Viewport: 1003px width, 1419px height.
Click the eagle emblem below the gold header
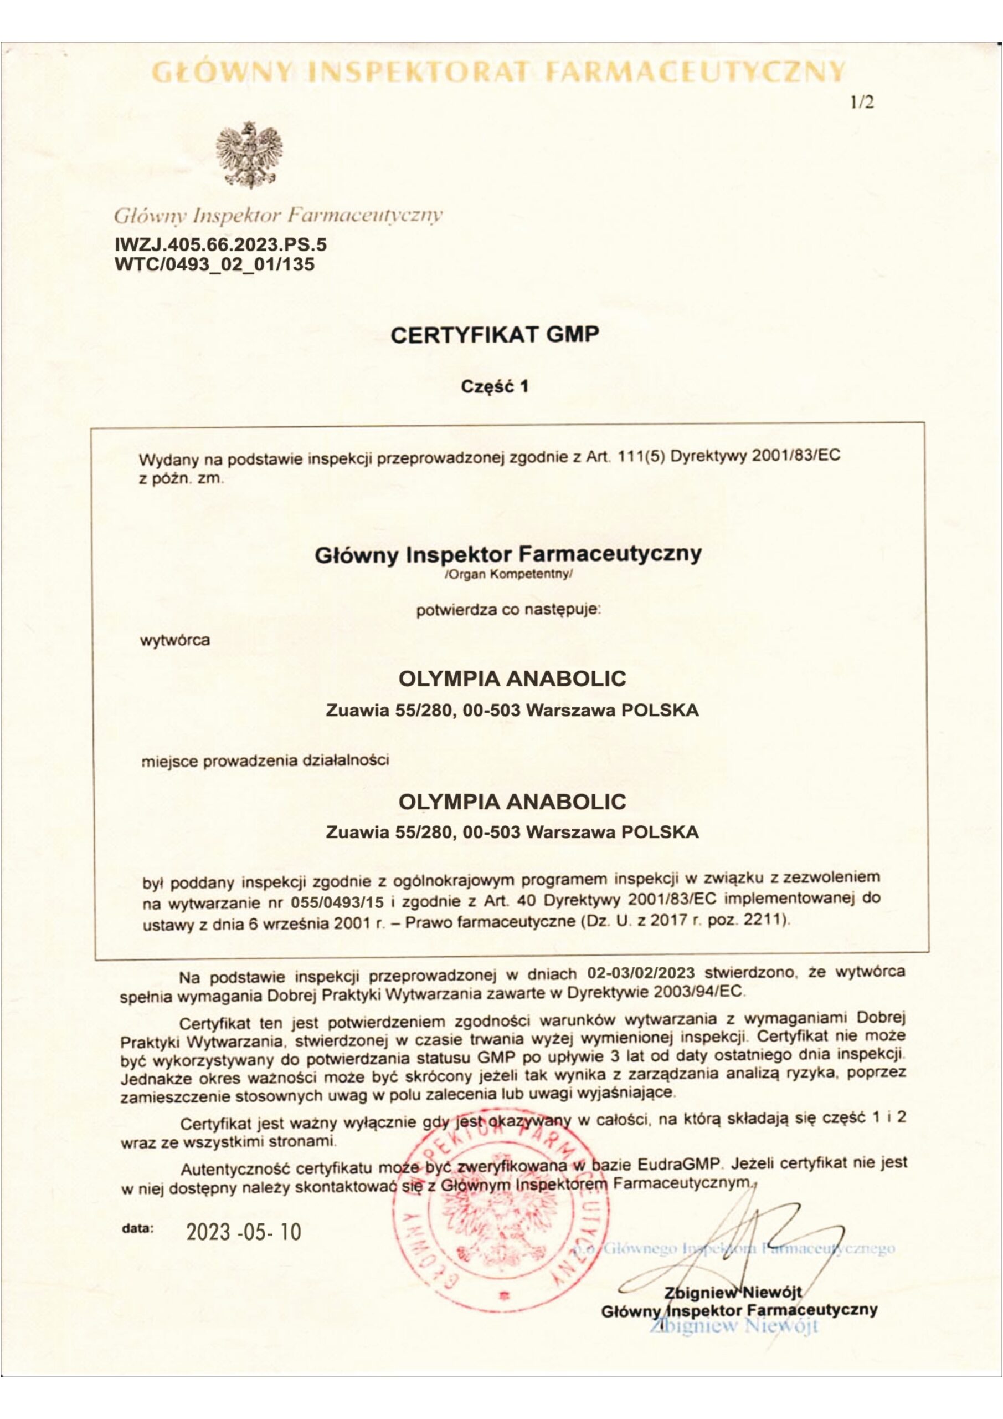click(x=249, y=155)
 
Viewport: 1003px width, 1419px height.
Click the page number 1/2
click(x=862, y=103)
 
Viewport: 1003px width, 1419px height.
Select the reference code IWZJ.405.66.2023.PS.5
click(x=221, y=246)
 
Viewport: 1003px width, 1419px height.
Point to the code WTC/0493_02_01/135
click(x=214, y=264)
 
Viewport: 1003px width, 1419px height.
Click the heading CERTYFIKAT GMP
click(x=495, y=335)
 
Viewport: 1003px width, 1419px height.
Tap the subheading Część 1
click(x=495, y=387)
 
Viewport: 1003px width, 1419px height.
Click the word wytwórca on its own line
click(x=176, y=640)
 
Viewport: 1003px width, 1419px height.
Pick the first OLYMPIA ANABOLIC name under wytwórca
click(x=512, y=678)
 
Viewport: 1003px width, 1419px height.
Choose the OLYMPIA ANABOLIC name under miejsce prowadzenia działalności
click(x=512, y=802)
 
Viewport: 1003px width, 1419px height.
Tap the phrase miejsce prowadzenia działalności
click(x=265, y=761)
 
